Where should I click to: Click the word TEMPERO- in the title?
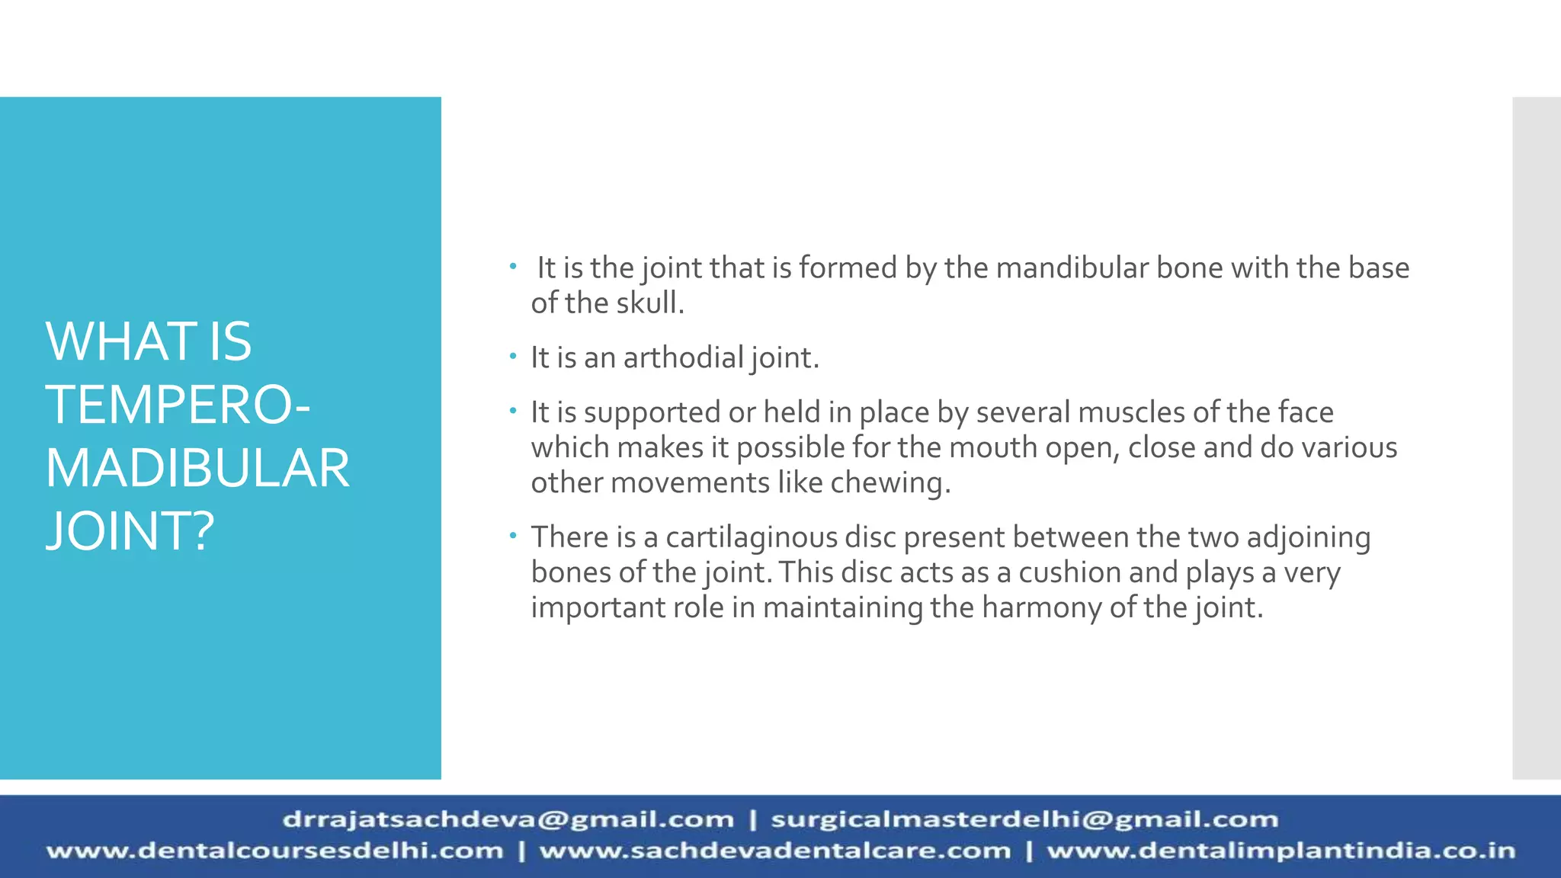tap(177, 405)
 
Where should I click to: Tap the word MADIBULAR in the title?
tap(197, 468)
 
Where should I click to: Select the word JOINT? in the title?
tap(130, 531)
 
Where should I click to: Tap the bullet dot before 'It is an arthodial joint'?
tap(514, 356)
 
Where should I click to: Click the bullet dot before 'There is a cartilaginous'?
tap(514, 536)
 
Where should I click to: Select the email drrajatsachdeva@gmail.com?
tap(508, 820)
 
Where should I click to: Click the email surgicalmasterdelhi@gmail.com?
tap(1024, 820)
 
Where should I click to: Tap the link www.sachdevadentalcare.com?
tap(774, 851)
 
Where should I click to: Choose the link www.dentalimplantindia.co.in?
tap(1281, 851)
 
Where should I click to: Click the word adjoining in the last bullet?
tap(1308, 538)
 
